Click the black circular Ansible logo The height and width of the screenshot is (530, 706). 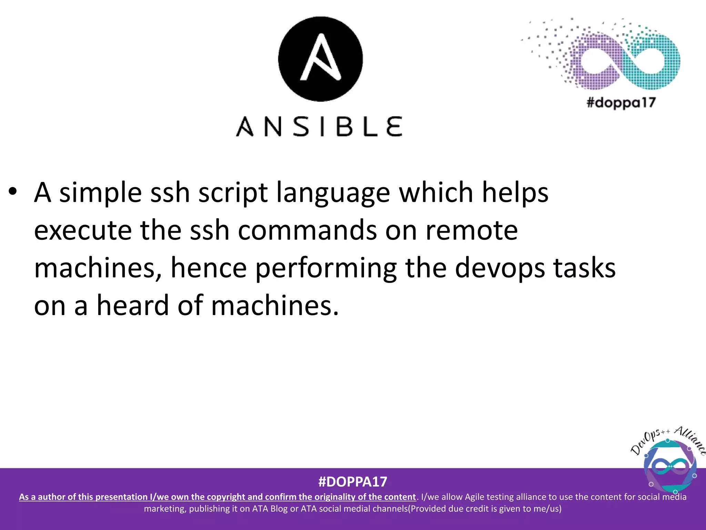[320, 59]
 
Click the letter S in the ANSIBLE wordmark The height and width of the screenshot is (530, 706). [302, 127]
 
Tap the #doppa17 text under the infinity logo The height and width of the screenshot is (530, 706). [621, 103]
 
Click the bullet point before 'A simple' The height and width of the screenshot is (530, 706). [13, 192]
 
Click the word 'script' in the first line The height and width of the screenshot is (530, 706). [233, 193]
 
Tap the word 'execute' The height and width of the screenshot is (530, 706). [83, 230]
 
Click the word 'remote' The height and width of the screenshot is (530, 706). [472, 230]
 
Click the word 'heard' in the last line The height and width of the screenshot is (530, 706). [133, 305]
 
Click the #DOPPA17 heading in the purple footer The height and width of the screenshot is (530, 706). [353, 482]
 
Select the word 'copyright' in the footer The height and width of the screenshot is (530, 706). [226, 497]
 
